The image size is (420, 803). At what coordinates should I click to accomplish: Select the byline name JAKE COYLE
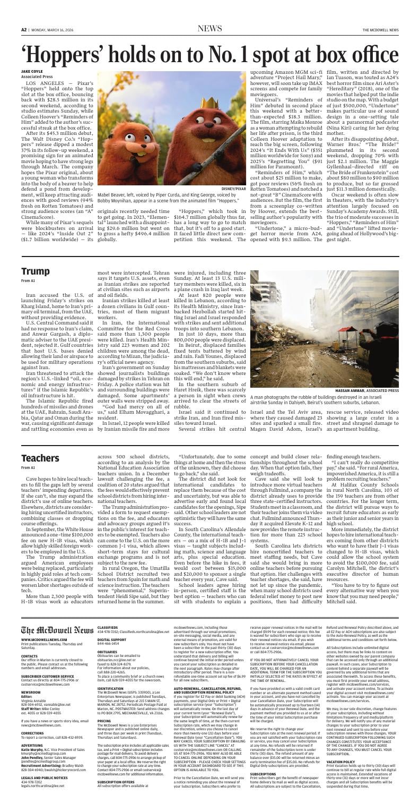[x=31, y=71]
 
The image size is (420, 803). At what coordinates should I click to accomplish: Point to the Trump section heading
[x=36, y=271]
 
